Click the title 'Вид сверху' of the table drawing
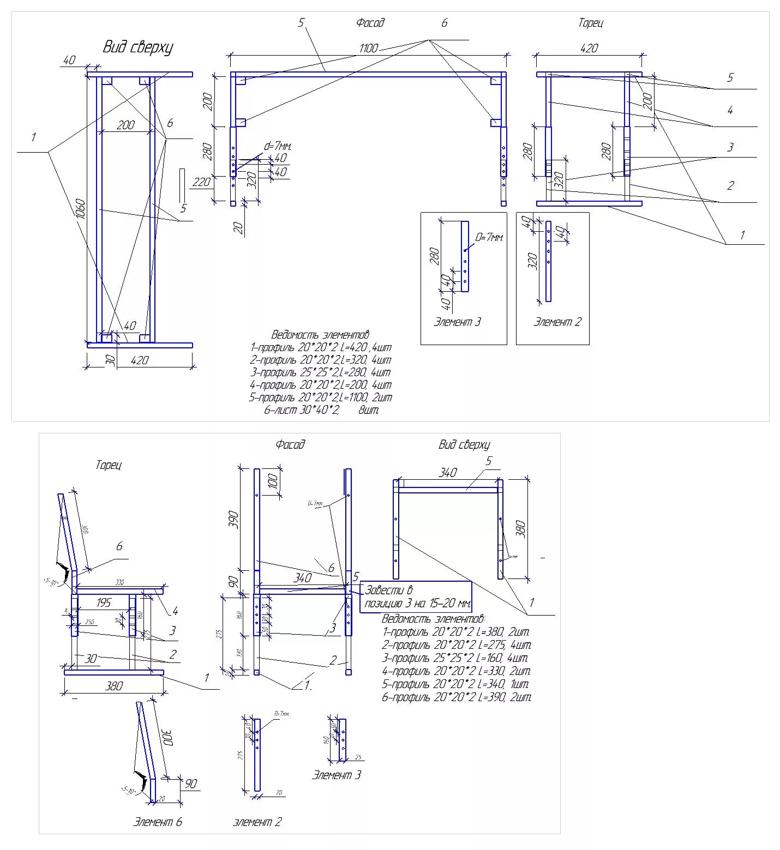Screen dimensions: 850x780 [138, 47]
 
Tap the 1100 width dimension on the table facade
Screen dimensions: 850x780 [368, 48]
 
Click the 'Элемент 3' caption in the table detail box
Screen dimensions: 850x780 [457, 322]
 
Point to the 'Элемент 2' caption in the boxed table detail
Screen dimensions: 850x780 [557, 322]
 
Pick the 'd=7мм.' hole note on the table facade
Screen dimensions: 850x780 [278, 146]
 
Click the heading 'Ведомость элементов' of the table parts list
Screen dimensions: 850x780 [320, 335]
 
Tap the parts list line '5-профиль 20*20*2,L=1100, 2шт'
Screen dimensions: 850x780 [320, 397]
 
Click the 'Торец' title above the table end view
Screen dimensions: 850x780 [590, 23]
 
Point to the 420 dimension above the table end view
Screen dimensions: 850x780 [589, 48]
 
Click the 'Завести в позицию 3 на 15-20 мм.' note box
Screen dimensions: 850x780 [416, 597]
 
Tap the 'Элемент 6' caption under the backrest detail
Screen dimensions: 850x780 [157, 822]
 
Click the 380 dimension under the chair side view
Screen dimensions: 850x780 [113, 686]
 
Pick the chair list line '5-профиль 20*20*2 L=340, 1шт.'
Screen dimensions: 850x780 [456, 684]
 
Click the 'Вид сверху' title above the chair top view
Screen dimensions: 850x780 [464, 445]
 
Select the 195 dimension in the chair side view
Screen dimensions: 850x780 [103, 602]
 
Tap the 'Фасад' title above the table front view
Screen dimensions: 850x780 [370, 23]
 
